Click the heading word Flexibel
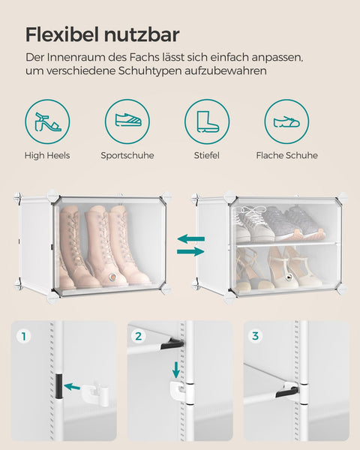(61, 34)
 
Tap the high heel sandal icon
(47, 121)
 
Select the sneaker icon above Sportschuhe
(127, 121)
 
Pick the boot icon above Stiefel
(207, 121)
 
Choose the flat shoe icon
(286, 121)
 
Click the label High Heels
(47, 155)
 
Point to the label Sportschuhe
(127, 155)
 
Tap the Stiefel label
(207, 155)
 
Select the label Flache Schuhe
(286, 155)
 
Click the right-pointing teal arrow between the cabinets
(190, 252)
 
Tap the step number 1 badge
(23, 336)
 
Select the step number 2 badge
(139, 336)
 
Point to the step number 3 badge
(255, 336)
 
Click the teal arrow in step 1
(73, 387)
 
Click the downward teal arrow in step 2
(175, 370)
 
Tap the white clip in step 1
(93, 390)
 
